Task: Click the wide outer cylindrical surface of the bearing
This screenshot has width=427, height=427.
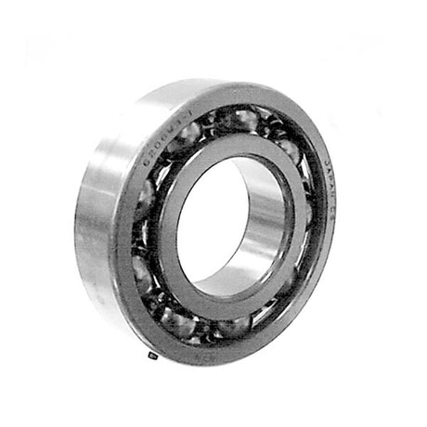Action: pos(102,223)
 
